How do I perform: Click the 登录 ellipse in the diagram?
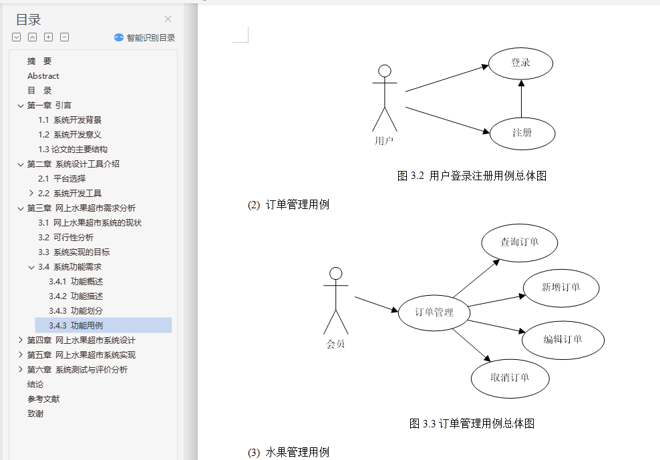(520, 63)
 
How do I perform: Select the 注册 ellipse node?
(522, 133)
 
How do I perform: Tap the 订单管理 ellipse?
(434, 312)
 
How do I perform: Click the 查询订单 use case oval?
(519, 242)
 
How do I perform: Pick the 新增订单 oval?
(560, 288)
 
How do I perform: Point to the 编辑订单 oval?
(563, 339)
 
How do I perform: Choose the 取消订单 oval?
(510, 378)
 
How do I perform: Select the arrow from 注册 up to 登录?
(521, 98)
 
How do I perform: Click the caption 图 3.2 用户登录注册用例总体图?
(472, 176)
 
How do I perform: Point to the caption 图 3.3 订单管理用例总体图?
(472, 423)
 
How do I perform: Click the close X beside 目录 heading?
(168, 19)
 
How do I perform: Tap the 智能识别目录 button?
(144, 38)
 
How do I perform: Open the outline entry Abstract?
(43, 76)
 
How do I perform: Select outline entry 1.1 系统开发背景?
(69, 120)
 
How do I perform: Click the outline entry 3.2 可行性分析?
(65, 238)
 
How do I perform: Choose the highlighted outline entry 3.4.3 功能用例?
(75, 326)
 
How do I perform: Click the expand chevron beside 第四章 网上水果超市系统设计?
(21, 340)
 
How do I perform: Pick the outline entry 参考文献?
(43, 399)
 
